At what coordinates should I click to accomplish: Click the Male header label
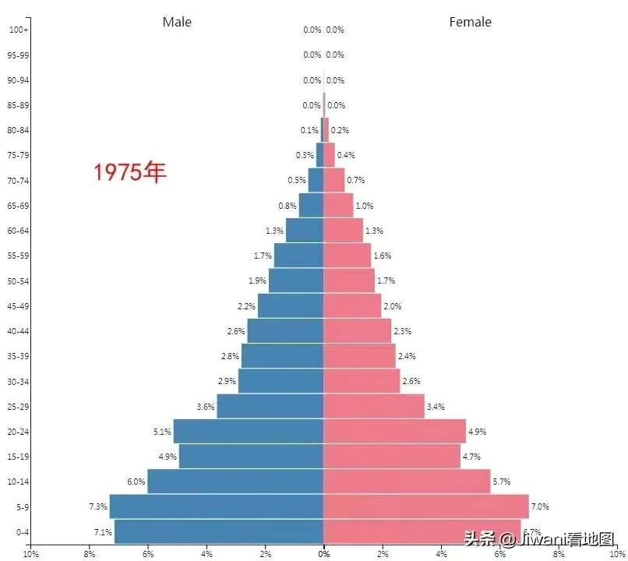click(177, 22)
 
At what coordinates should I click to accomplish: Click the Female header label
click(470, 22)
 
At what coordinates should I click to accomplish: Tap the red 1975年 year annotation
click(130, 172)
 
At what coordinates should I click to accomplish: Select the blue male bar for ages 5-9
click(216, 506)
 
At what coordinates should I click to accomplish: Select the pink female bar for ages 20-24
click(394, 432)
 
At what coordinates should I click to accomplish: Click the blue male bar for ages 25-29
click(270, 407)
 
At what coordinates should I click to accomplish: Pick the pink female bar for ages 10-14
click(407, 482)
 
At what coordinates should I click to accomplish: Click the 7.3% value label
click(97, 506)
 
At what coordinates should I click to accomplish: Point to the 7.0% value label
click(540, 506)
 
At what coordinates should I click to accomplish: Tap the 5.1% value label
click(161, 432)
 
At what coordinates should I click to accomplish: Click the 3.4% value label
click(436, 407)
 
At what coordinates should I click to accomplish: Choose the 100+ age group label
click(18, 30)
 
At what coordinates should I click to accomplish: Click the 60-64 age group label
click(18, 231)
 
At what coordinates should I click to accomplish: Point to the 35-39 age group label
click(18, 356)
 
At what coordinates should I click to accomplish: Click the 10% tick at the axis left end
click(30, 554)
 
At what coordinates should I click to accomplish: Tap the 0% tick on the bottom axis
click(323, 554)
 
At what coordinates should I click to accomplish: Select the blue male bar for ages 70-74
click(316, 181)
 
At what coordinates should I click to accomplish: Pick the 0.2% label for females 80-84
click(340, 130)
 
